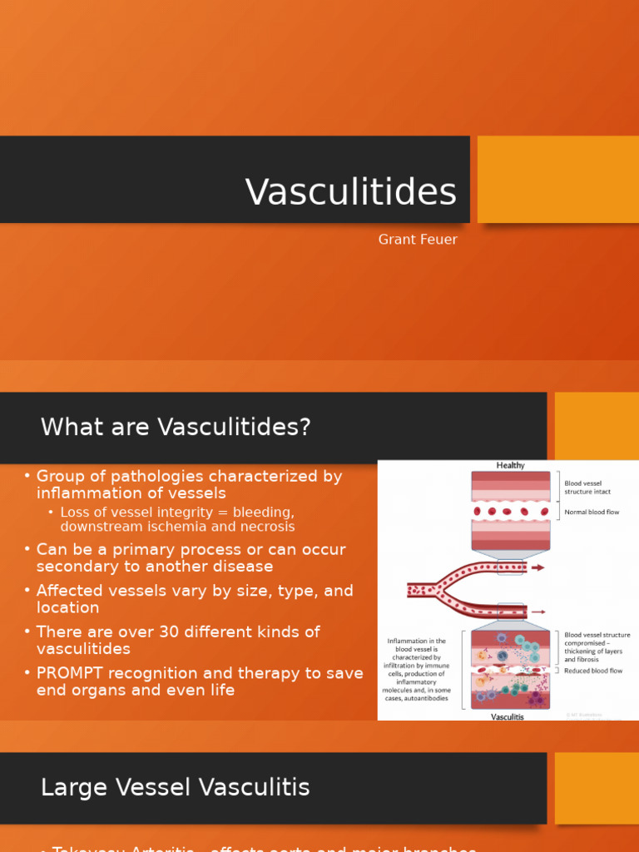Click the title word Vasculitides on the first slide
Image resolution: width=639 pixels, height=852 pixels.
coord(350,192)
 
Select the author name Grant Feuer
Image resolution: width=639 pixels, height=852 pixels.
coord(418,240)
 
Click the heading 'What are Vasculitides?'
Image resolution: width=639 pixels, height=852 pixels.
coord(176,427)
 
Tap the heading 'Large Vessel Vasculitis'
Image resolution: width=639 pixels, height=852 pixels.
coord(175,787)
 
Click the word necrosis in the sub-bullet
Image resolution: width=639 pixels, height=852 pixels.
coord(267,527)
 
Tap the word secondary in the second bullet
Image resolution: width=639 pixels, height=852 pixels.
coord(72,567)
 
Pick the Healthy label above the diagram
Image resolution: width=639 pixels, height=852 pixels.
coord(511,465)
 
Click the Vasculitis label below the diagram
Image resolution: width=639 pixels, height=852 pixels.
coord(508,716)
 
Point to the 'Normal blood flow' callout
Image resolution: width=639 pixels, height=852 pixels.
coord(592,512)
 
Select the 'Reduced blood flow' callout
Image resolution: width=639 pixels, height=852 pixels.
coord(593,671)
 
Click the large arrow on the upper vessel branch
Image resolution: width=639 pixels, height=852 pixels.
coord(537,567)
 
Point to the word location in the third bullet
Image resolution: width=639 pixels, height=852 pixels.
coord(68,607)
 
